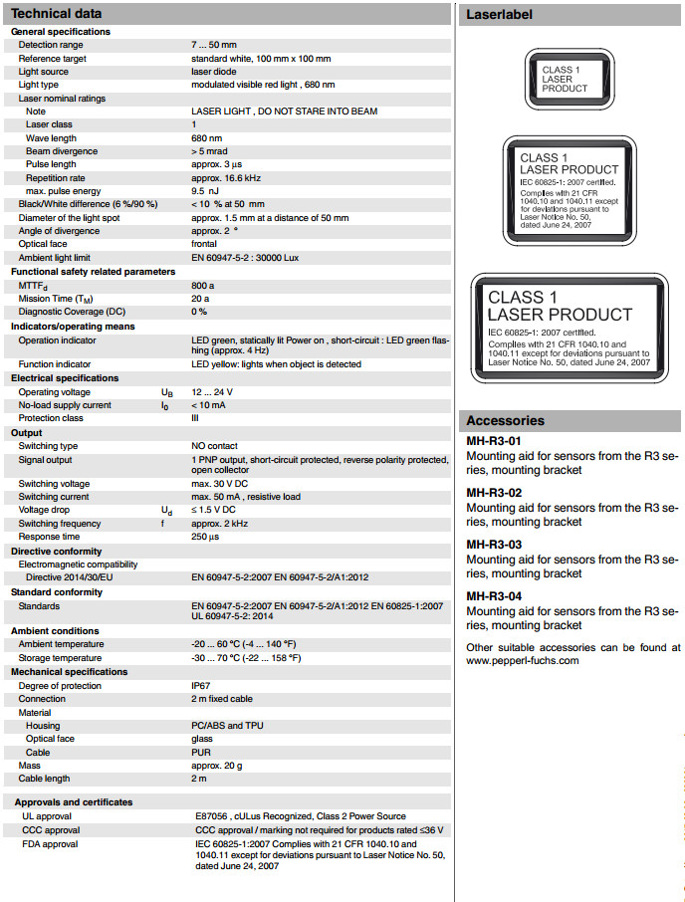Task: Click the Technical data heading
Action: point(57,14)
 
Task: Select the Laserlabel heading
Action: point(499,15)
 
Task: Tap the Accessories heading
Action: point(505,421)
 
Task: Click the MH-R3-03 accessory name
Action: point(494,545)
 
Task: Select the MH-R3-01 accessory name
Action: point(494,440)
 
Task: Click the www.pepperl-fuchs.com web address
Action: point(523,660)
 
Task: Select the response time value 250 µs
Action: point(206,537)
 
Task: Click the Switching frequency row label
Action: point(60,524)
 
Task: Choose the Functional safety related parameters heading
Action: point(93,271)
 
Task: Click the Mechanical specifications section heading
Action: point(70,672)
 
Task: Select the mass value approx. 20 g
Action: point(216,765)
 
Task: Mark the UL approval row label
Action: point(47,816)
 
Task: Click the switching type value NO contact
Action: point(214,446)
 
